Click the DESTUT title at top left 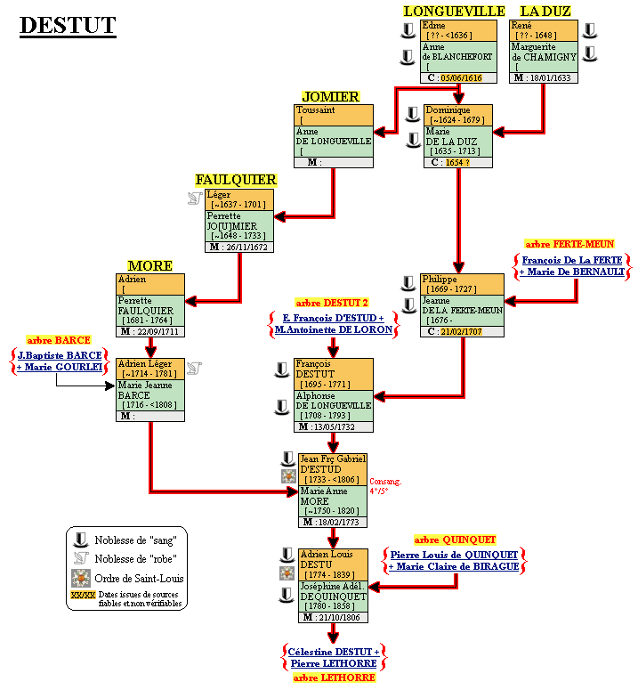pos(68,25)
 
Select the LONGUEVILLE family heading pos(454,11)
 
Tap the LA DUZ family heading pos(545,11)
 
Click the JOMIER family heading pos(330,96)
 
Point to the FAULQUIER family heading pos(236,180)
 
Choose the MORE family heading pos(149,265)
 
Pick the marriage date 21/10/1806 pos(337,617)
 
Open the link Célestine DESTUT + pos(333,652)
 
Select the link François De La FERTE pos(572,260)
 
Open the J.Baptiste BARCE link pos(60,353)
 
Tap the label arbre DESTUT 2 pos(332,303)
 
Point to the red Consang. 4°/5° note pos(385,486)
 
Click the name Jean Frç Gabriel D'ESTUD pos(333,464)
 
